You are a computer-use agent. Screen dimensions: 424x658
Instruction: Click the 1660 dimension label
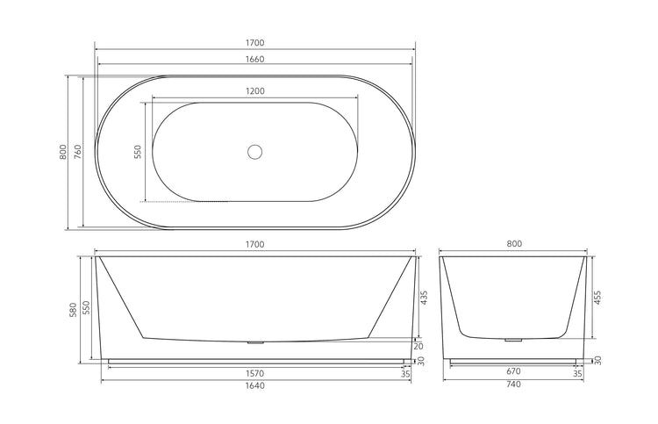tap(255, 60)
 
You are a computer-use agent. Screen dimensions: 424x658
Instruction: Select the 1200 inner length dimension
tap(255, 90)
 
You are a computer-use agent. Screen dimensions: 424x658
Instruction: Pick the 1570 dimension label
tap(255, 371)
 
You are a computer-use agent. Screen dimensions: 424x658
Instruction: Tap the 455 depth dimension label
tap(599, 298)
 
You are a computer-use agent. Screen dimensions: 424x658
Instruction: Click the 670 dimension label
tap(513, 371)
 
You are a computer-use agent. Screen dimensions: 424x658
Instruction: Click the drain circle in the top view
tap(255, 152)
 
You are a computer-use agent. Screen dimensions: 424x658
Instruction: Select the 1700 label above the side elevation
tap(255, 243)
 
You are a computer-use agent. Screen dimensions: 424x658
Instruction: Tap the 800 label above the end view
tap(513, 243)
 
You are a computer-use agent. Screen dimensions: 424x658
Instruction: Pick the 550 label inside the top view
tap(138, 152)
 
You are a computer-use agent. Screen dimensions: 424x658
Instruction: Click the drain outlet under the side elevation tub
tap(255, 342)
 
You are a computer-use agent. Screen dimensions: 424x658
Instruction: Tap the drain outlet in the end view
tap(514, 338)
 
